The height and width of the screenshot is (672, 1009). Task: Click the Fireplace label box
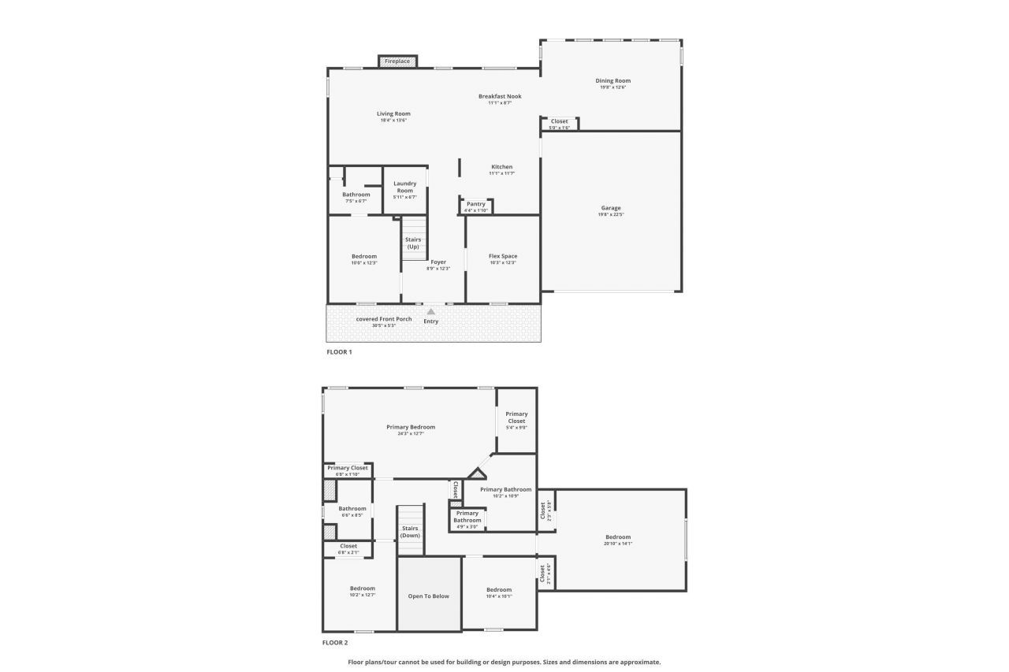(397, 61)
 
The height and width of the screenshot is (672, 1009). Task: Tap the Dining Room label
(612, 81)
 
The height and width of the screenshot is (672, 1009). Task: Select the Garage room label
(611, 209)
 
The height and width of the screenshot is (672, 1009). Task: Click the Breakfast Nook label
(500, 97)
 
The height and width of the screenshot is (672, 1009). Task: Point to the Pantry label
(476, 204)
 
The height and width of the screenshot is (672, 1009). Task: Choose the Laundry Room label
(405, 187)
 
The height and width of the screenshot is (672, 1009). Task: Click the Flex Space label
(503, 256)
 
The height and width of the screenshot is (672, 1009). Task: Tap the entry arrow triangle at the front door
(431, 312)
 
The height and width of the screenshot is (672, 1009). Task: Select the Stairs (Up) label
(413, 243)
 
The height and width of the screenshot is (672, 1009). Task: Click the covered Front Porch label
(384, 319)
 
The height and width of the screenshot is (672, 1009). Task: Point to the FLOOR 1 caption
(339, 352)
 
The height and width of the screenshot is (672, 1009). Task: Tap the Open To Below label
(429, 596)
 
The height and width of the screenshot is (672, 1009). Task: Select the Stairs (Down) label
(410, 532)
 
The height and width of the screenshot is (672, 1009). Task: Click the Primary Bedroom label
(411, 427)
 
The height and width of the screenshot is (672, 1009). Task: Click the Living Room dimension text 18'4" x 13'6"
(393, 121)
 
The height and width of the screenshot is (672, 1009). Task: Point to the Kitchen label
(502, 167)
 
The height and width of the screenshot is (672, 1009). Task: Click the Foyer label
(438, 262)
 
